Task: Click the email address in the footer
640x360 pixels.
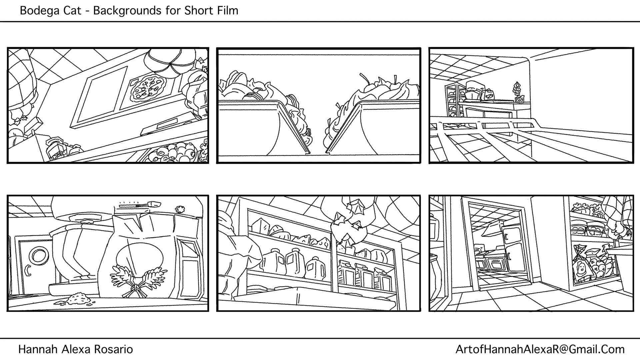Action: (540, 349)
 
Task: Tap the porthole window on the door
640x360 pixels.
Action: (38, 256)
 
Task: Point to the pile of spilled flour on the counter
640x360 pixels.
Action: (79, 299)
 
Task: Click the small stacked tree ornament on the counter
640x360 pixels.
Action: (518, 91)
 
